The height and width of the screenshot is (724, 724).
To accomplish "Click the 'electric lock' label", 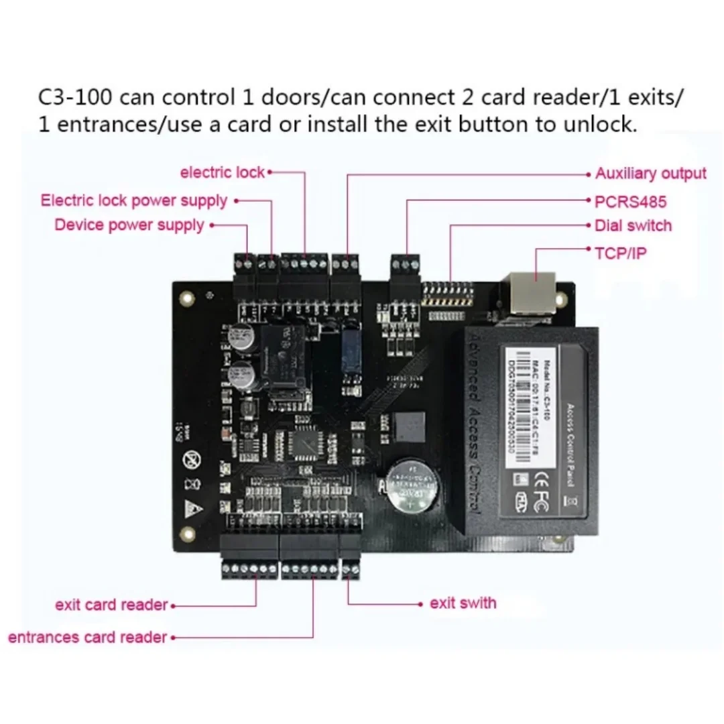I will coord(223,172).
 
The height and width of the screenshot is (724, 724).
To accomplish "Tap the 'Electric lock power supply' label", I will coord(133,200).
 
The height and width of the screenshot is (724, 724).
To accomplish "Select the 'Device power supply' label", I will coord(129,225).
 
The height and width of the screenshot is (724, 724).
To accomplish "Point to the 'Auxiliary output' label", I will coord(650,174).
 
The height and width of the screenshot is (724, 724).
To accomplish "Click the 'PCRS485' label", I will coord(630,201).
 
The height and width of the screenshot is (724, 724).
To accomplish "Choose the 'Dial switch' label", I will coord(633,226).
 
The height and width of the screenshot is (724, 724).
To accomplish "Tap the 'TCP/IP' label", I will coord(620,253).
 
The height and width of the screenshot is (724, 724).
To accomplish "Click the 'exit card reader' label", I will coord(111,605).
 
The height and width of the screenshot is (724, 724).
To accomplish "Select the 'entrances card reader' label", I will coord(87,637).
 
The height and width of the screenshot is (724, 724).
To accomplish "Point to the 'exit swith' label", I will coord(463,603).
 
